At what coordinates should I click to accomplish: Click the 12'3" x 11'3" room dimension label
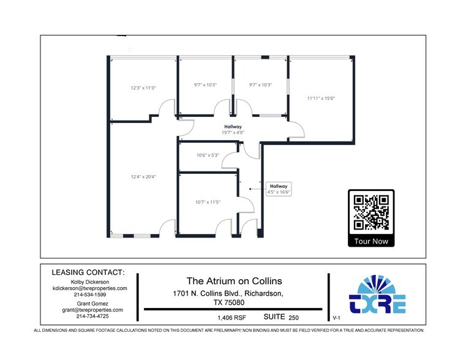tap(143, 88)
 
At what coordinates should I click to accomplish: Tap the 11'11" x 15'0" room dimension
tap(321, 97)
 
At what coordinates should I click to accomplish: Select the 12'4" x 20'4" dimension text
tap(143, 176)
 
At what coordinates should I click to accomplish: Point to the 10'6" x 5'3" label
tap(208, 155)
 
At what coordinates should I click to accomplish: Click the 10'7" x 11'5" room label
tap(207, 201)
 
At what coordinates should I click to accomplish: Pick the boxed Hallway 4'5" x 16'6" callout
tap(279, 189)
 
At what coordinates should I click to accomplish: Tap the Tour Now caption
tap(372, 241)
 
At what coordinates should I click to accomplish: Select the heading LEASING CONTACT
tap(88, 272)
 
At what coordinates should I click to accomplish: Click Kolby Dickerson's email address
tap(89, 288)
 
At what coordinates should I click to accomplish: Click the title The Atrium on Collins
tap(234, 280)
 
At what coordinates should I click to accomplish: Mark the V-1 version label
tap(336, 318)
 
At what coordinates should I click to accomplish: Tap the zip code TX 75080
tap(227, 302)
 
